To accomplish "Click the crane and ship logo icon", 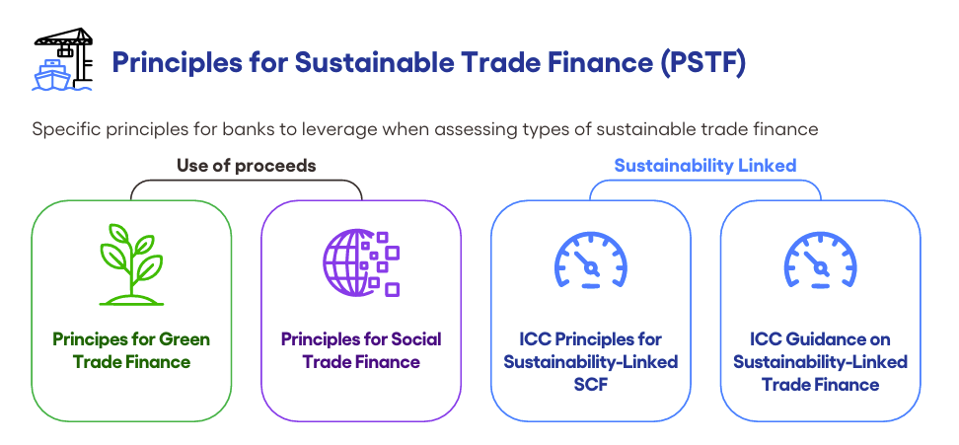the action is [x=62, y=59].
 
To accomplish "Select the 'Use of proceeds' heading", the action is [x=247, y=166].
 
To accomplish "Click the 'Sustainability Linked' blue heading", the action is [x=705, y=166].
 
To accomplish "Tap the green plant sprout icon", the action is [x=131, y=264].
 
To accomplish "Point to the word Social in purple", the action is [x=417, y=339].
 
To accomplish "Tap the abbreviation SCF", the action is [x=591, y=385].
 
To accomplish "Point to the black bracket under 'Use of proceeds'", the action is [x=247, y=181].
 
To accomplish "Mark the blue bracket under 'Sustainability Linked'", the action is [x=705, y=181].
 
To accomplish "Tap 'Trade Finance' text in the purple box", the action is [x=361, y=362].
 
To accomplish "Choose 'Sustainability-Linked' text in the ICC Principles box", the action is [x=591, y=362].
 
